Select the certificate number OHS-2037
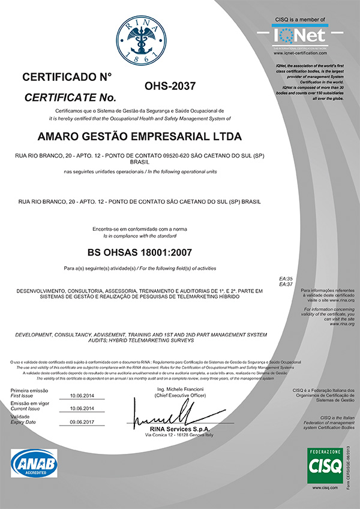170,87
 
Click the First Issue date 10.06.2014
83,396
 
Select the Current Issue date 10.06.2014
83,409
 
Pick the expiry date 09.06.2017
83,422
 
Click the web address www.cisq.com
325,489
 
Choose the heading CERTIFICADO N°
67,77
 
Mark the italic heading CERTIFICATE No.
69,97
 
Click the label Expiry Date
25,423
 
